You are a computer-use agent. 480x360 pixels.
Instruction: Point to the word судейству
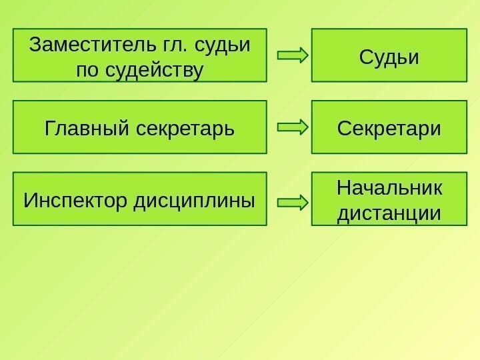tap(152, 69)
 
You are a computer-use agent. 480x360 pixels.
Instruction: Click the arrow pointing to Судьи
tap(292, 55)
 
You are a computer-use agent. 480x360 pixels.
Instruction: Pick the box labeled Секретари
tap(389, 127)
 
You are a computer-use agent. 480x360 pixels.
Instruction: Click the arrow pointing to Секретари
tap(292, 126)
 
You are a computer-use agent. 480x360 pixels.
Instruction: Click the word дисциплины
tap(195, 199)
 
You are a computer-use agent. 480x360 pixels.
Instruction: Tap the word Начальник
tap(389, 188)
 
